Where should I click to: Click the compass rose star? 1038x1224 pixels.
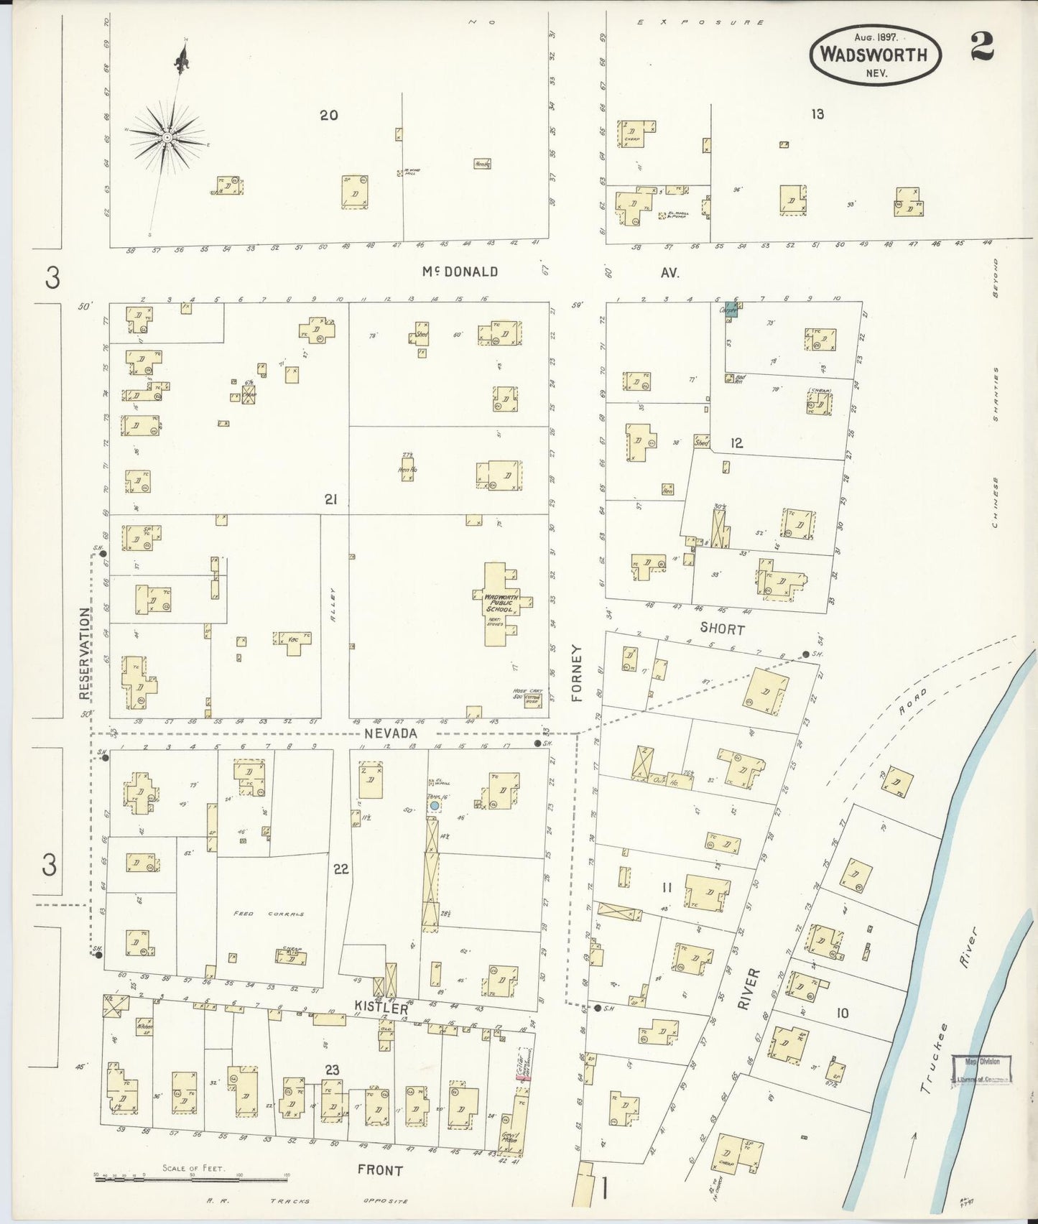[167, 136]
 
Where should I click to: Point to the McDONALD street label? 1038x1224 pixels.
[460, 272]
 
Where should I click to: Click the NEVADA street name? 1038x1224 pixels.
[391, 733]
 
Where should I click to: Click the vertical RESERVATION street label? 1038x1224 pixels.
[85, 654]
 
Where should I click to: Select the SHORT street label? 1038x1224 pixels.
[722, 629]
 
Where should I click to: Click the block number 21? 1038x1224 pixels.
[330, 499]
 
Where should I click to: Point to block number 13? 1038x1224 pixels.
[817, 113]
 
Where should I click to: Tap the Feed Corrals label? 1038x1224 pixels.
[269, 914]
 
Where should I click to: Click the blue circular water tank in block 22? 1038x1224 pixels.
[434, 806]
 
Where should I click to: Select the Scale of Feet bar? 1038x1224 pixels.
[190, 1179]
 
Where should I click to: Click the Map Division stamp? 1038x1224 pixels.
[981, 1069]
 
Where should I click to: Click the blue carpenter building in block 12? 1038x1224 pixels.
[731, 309]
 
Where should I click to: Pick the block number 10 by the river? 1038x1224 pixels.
[842, 1013]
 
